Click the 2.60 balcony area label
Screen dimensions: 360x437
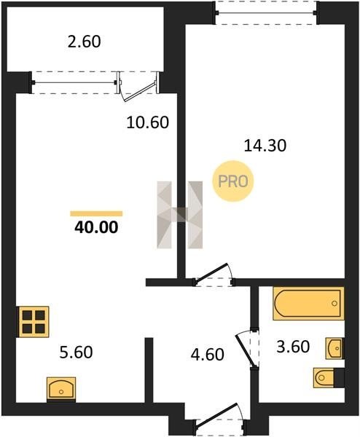[85, 42]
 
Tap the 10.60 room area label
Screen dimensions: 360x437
[148, 122]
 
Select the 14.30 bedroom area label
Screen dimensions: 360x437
[265, 146]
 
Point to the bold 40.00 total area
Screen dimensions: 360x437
[96, 227]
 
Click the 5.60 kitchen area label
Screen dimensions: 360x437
[76, 352]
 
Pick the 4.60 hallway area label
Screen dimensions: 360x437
[208, 355]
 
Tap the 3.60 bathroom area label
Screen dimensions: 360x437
[293, 347]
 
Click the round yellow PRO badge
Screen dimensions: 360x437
[233, 181]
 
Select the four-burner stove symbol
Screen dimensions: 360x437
[34, 322]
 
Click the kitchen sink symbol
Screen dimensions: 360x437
[61, 390]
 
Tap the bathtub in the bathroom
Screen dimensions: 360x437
[308, 303]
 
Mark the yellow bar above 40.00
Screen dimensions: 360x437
[96, 213]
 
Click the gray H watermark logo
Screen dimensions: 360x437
[180, 215]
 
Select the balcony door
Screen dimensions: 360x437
[138, 86]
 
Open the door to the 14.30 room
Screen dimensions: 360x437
[214, 275]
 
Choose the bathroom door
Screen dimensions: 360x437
[248, 349]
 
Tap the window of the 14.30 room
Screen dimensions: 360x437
[267, 13]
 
